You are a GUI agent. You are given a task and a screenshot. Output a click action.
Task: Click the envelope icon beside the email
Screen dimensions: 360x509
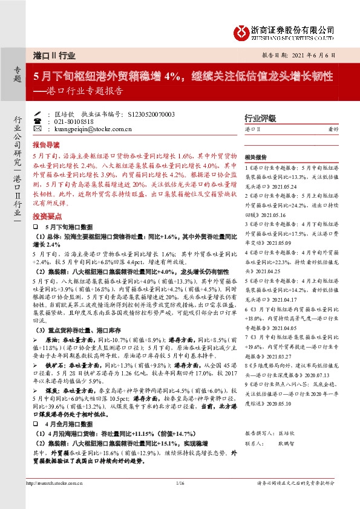(x=38, y=129)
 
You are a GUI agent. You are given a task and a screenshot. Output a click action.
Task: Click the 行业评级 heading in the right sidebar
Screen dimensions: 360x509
(x=259, y=118)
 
